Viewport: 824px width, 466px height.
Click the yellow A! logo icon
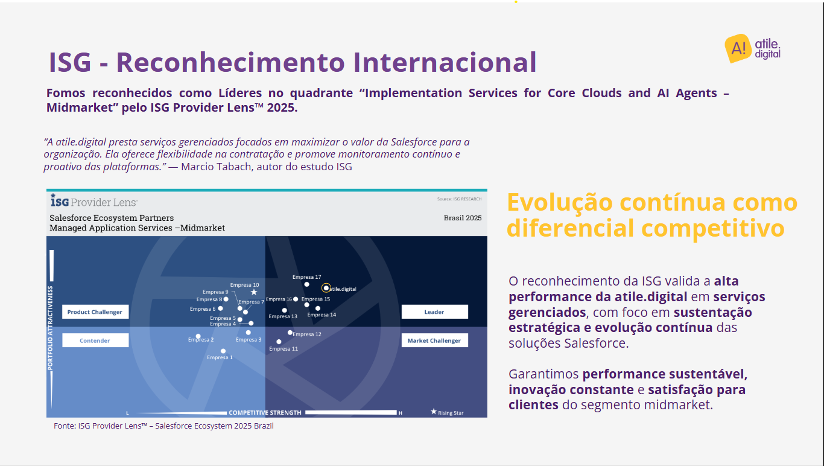click(x=738, y=48)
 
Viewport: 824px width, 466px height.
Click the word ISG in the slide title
click(x=70, y=62)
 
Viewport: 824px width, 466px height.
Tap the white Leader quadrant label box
click(x=434, y=311)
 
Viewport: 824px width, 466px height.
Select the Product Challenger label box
click(x=95, y=311)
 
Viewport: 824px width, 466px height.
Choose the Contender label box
click(x=95, y=340)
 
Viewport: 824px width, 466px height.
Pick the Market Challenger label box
click(x=434, y=340)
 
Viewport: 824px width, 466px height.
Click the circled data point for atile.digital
click(x=326, y=288)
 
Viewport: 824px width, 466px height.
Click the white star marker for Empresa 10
click(x=254, y=292)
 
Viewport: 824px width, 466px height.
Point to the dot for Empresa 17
click(x=306, y=284)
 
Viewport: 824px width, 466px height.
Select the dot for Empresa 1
click(x=223, y=351)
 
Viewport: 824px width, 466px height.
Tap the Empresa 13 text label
click(x=283, y=316)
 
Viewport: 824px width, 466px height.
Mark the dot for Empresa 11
click(x=279, y=342)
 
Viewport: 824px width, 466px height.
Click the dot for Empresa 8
click(x=226, y=299)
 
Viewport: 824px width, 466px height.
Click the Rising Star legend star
click(x=434, y=412)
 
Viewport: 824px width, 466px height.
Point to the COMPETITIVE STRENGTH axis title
click(x=265, y=413)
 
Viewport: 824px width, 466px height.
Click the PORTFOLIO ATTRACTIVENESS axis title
click(x=50, y=328)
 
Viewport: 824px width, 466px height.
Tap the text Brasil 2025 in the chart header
click(x=463, y=218)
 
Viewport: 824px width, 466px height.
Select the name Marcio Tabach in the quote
click(x=216, y=167)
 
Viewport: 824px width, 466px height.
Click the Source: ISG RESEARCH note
click(x=459, y=199)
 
